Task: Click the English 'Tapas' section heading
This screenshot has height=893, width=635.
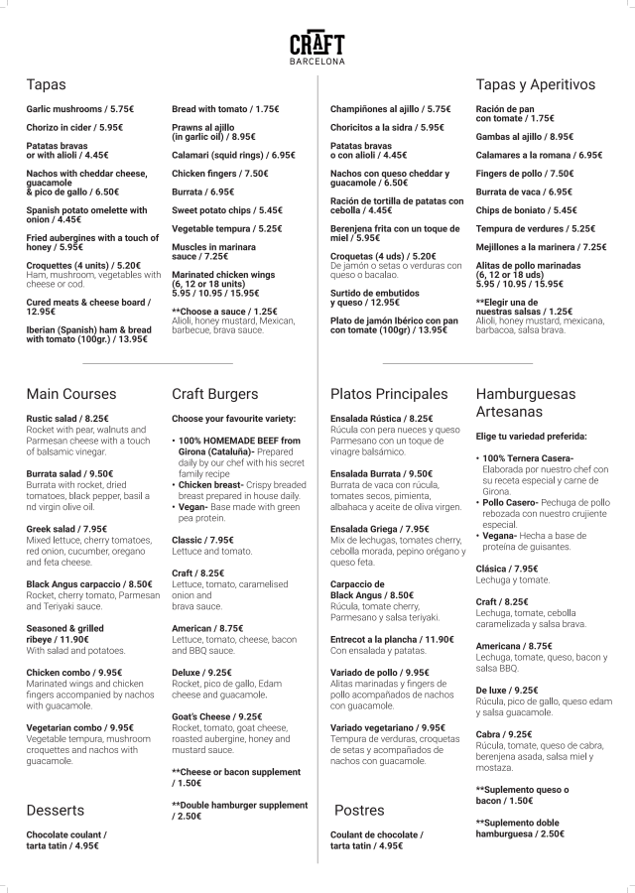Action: coord(47,85)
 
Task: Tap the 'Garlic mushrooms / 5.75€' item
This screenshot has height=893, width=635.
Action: coord(80,108)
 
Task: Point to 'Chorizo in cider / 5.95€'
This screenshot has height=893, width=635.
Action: coord(75,127)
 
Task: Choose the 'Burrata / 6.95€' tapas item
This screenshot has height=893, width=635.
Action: coord(203,191)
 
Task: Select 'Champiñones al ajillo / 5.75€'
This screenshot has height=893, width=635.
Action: coord(390,108)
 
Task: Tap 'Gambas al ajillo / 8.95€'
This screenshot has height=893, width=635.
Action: coord(525,137)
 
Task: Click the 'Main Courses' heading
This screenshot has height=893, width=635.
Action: coord(71,394)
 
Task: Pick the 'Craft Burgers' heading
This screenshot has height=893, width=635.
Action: coord(215,394)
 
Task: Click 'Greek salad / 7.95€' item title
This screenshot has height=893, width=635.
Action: coord(74,529)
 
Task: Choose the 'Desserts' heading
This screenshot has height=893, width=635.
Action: coord(56,810)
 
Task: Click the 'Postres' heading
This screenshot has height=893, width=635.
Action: coord(359,810)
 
